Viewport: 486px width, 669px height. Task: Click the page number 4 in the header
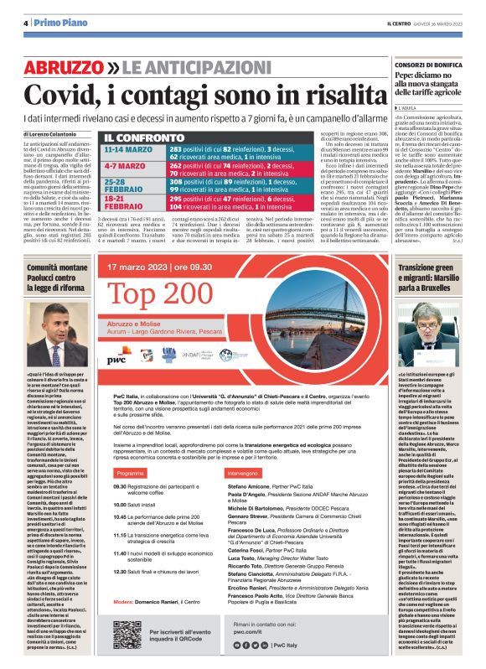[x=17, y=23]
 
